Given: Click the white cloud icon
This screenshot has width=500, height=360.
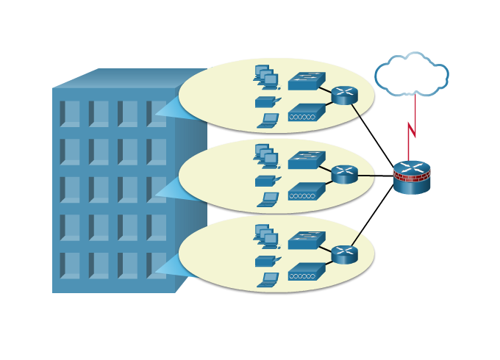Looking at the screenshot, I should click(x=412, y=75).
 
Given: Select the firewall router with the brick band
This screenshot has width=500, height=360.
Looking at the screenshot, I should click(x=412, y=177).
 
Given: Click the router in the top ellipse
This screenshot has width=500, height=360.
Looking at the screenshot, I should click(x=344, y=96).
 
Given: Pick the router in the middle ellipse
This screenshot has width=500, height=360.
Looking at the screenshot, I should click(x=344, y=174).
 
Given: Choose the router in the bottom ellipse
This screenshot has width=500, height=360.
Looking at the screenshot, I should click(x=344, y=254).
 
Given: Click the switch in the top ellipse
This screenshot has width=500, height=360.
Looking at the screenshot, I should click(x=306, y=81).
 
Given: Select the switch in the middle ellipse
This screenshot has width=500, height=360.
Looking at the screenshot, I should click(x=306, y=160).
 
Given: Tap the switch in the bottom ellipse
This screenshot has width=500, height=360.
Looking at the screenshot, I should click(x=306, y=240).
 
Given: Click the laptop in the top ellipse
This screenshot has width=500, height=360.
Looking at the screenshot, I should click(x=268, y=120).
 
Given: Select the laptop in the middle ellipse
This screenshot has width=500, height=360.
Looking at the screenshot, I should click(x=268, y=200).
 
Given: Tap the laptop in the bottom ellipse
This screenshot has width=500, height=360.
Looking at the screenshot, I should click(x=268, y=280).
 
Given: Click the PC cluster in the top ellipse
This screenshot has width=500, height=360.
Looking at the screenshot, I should click(x=266, y=77).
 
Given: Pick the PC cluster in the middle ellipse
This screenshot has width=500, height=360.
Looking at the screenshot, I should click(x=266, y=156).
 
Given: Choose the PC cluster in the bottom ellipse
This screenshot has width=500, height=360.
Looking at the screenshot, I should click(x=266, y=237).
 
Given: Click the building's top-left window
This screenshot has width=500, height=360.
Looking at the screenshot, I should click(x=70, y=114).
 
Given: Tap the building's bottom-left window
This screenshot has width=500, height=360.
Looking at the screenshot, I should click(x=70, y=265).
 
